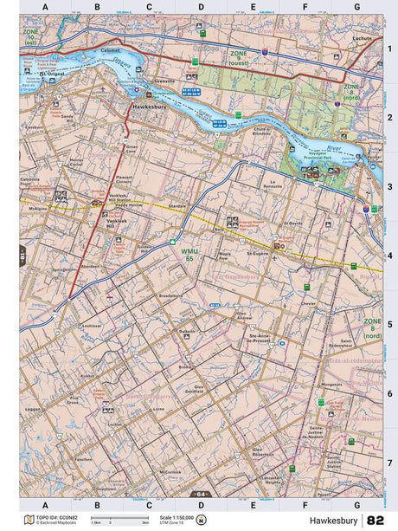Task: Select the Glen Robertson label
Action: point(263,452)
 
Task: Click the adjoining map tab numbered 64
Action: point(198,493)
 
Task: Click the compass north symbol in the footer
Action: point(201,520)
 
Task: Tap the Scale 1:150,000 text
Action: point(176,517)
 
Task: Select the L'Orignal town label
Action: point(55,74)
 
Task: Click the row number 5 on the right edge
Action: point(389,324)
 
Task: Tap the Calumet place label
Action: point(110,49)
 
